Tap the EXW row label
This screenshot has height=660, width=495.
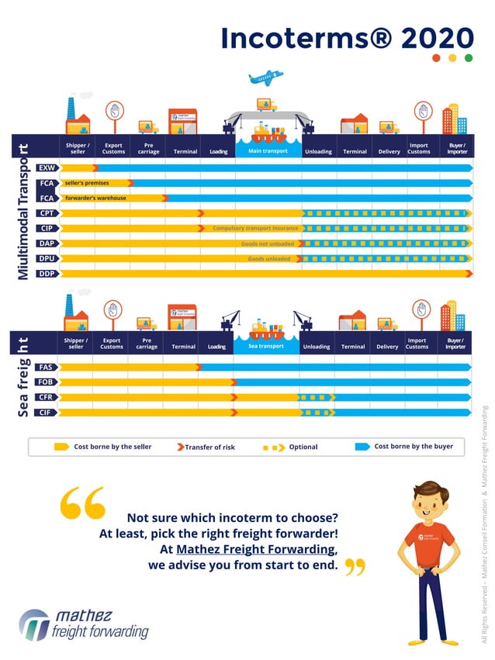[x=47, y=168]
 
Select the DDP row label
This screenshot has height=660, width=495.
[x=47, y=273]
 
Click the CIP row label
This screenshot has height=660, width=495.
[x=47, y=228]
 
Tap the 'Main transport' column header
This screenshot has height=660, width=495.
[x=268, y=151]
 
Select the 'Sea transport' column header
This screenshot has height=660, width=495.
[x=266, y=346]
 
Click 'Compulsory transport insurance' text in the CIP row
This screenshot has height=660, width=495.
[x=255, y=228]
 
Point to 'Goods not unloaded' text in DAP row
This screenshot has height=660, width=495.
[x=267, y=244]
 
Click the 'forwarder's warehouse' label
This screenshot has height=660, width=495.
[x=95, y=198]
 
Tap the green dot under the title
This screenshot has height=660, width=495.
[x=468, y=58]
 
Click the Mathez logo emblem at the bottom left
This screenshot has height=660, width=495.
[x=33, y=624]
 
